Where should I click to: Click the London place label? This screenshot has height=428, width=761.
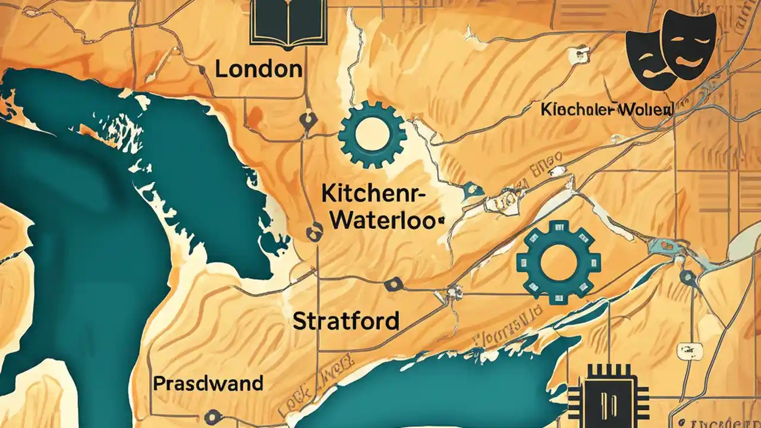(x=258, y=69)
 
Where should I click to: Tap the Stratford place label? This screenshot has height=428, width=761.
(x=346, y=321)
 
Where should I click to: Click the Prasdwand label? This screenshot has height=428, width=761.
(x=208, y=383)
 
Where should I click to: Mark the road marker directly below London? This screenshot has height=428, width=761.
(x=307, y=119)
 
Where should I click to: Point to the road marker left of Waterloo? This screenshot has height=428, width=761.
(x=312, y=232)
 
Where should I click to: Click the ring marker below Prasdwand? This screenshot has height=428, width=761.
(x=209, y=417)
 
